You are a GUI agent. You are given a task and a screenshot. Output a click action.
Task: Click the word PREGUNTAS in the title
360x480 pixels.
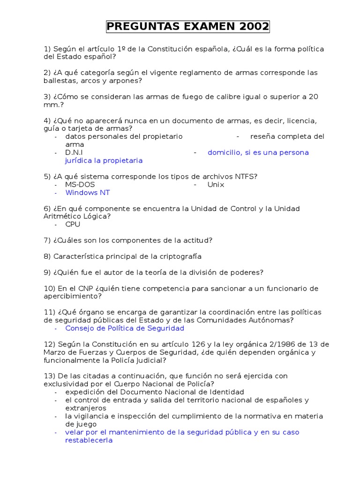[x=136, y=27]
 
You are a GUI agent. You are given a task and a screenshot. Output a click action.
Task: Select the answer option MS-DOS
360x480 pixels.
[x=80, y=185]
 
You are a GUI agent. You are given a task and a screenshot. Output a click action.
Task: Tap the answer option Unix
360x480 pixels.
[x=216, y=185]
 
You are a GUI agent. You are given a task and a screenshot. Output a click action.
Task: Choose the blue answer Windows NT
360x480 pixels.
[x=88, y=193]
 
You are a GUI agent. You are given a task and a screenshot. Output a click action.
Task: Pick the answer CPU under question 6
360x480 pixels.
[x=73, y=225]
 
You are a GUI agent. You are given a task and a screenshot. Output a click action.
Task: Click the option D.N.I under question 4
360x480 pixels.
[x=74, y=153]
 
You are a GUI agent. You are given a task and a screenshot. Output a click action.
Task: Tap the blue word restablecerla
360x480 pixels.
[x=89, y=440]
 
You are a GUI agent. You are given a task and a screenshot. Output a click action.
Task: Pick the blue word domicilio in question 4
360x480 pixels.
[x=225, y=153]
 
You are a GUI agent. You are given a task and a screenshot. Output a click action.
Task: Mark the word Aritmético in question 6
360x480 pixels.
[x=63, y=217]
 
